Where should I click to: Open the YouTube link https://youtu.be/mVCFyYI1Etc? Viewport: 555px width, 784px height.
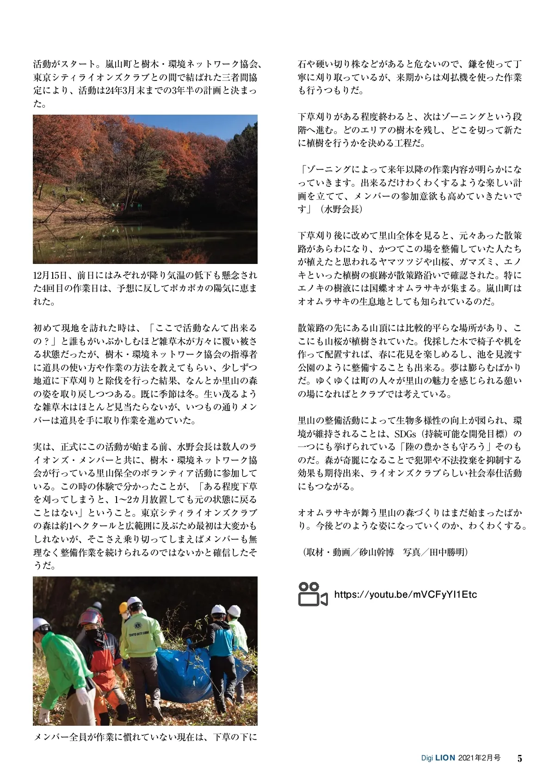pos(405,594)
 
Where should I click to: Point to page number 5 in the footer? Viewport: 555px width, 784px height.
pos(520,759)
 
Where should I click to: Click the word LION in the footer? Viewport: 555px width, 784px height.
pos(445,758)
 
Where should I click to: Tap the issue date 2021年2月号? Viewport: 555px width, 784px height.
pos(479,758)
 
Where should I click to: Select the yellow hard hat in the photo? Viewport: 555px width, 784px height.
pos(123,608)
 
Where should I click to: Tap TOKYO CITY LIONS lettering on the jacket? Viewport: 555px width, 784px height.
pos(138,634)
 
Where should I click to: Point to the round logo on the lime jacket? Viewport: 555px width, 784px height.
pos(137,625)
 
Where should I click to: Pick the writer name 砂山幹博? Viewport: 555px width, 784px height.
pos(376,552)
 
